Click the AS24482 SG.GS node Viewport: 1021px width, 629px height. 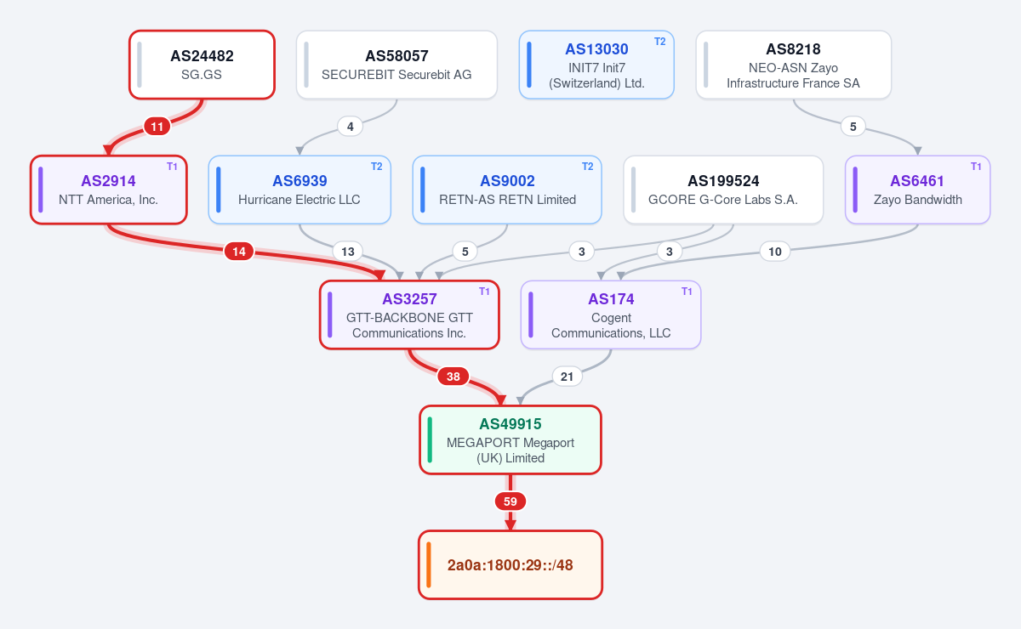(202, 65)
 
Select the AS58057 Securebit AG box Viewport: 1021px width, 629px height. (396, 65)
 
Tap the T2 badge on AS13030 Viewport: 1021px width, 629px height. (659, 42)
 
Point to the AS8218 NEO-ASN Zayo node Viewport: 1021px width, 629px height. (794, 65)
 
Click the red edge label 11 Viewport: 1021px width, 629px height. (157, 127)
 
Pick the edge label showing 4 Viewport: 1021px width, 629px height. (350, 127)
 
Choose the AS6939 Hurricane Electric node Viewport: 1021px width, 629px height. (299, 190)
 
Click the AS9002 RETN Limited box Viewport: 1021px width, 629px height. (507, 190)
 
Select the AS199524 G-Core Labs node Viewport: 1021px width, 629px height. (723, 190)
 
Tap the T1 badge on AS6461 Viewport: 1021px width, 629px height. (976, 167)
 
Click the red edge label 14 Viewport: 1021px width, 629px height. (239, 252)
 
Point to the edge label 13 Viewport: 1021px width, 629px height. (348, 252)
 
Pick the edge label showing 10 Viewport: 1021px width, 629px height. (775, 252)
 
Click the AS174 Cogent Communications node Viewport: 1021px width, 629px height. (611, 314)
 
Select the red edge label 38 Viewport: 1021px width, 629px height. (453, 377)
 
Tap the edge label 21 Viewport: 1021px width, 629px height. (567, 377)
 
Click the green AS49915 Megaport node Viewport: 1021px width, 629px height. (510, 440)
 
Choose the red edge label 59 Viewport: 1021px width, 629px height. (510, 501)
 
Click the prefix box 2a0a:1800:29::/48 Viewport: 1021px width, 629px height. (510, 564)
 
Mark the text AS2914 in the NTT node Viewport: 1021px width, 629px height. (109, 181)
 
